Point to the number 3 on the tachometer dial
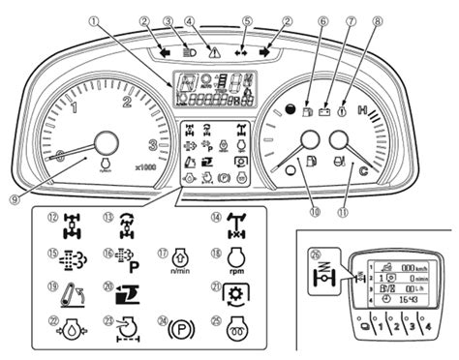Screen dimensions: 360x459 tap(152, 145)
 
